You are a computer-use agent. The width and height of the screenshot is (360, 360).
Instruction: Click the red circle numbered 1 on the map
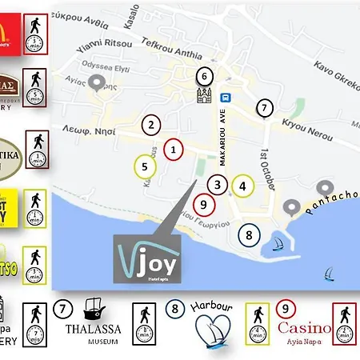[173, 148]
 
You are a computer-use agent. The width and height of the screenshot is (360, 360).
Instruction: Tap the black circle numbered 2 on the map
[150, 124]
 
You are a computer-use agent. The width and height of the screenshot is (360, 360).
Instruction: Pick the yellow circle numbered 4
[242, 186]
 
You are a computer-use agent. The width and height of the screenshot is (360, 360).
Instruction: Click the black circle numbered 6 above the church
[204, 76]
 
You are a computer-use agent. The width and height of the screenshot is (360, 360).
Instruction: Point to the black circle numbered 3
[217, 184]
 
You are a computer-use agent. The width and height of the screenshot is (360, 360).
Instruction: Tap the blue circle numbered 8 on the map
[250, 234]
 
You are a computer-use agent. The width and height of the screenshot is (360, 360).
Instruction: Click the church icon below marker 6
[204, 98]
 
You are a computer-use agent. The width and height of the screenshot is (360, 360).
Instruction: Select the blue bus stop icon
[227, 97]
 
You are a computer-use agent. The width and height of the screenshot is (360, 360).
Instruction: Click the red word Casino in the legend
[304, 327]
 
